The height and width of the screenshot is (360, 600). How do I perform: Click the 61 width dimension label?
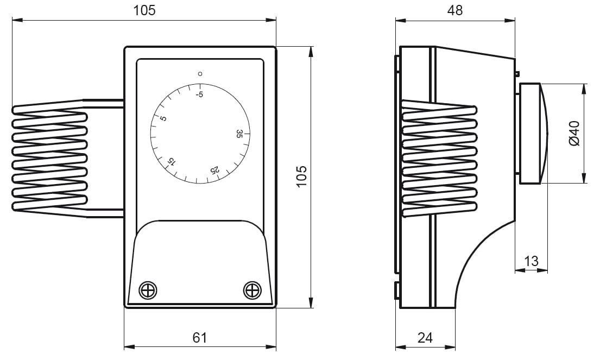200,337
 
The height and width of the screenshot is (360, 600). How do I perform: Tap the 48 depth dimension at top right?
454,10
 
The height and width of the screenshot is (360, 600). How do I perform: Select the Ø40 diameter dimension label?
574,133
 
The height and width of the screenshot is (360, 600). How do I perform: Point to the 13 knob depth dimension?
531,261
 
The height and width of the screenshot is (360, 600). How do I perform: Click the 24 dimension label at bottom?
425,337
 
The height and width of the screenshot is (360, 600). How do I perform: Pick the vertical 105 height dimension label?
301,176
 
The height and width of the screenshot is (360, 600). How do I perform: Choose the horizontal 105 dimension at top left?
144,10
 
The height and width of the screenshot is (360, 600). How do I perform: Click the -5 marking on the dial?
199,94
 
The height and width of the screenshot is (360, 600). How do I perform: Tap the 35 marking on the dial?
239,134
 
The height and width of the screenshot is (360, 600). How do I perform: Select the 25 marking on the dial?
215,170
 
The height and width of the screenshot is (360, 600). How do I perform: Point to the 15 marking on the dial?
171,162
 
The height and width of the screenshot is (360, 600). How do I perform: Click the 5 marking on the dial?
163,118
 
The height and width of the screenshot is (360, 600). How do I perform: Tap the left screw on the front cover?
148,290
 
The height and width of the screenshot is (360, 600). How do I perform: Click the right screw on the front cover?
252,290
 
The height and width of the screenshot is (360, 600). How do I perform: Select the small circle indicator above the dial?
200,74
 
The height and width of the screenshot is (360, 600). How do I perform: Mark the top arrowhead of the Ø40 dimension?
584,89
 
